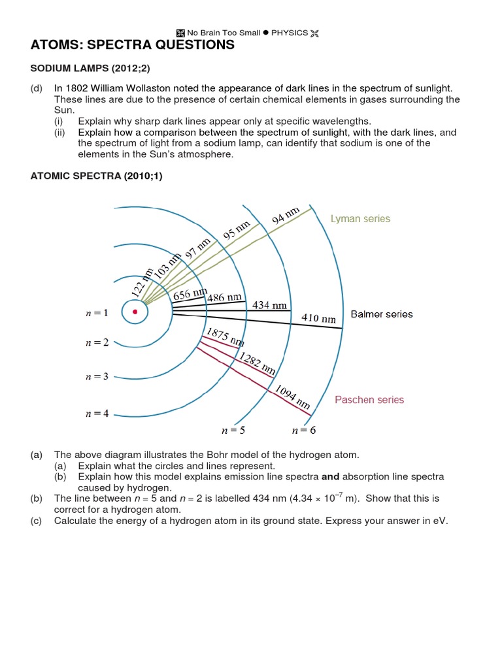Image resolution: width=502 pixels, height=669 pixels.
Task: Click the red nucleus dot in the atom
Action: click(135, 312)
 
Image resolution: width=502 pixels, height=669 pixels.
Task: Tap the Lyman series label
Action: click(360, 219)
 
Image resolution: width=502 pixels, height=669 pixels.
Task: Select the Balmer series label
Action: click(382, 314)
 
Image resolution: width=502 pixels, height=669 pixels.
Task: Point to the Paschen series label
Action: click(369, 400)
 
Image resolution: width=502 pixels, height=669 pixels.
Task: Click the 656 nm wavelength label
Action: click(190, 294)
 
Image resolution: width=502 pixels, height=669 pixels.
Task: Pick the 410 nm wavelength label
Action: click(318, 318)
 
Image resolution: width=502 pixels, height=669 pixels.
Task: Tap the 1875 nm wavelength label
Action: click(226, 337)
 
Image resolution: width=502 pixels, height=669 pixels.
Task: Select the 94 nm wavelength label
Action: click(286, 216)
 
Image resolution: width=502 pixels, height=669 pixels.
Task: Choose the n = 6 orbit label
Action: click(303, 431)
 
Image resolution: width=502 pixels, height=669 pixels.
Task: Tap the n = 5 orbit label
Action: click(234, 431)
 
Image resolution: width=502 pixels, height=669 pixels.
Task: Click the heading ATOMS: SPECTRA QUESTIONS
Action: click(132, 45)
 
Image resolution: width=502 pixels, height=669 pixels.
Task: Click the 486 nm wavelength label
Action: click(224, 298)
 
